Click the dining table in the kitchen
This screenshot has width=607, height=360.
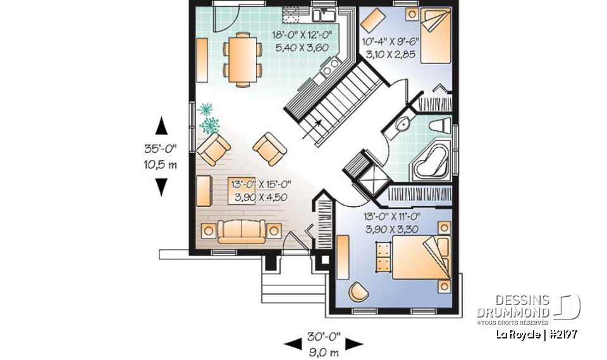click(243, 60)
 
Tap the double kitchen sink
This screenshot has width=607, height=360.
click(326, 13)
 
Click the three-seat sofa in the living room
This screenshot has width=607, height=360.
click(242, 231)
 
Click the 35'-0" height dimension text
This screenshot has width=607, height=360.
click(160, 150)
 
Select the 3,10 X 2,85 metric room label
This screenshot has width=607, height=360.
click(388, 55)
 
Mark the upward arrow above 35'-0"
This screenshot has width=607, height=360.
click(162, 126)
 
